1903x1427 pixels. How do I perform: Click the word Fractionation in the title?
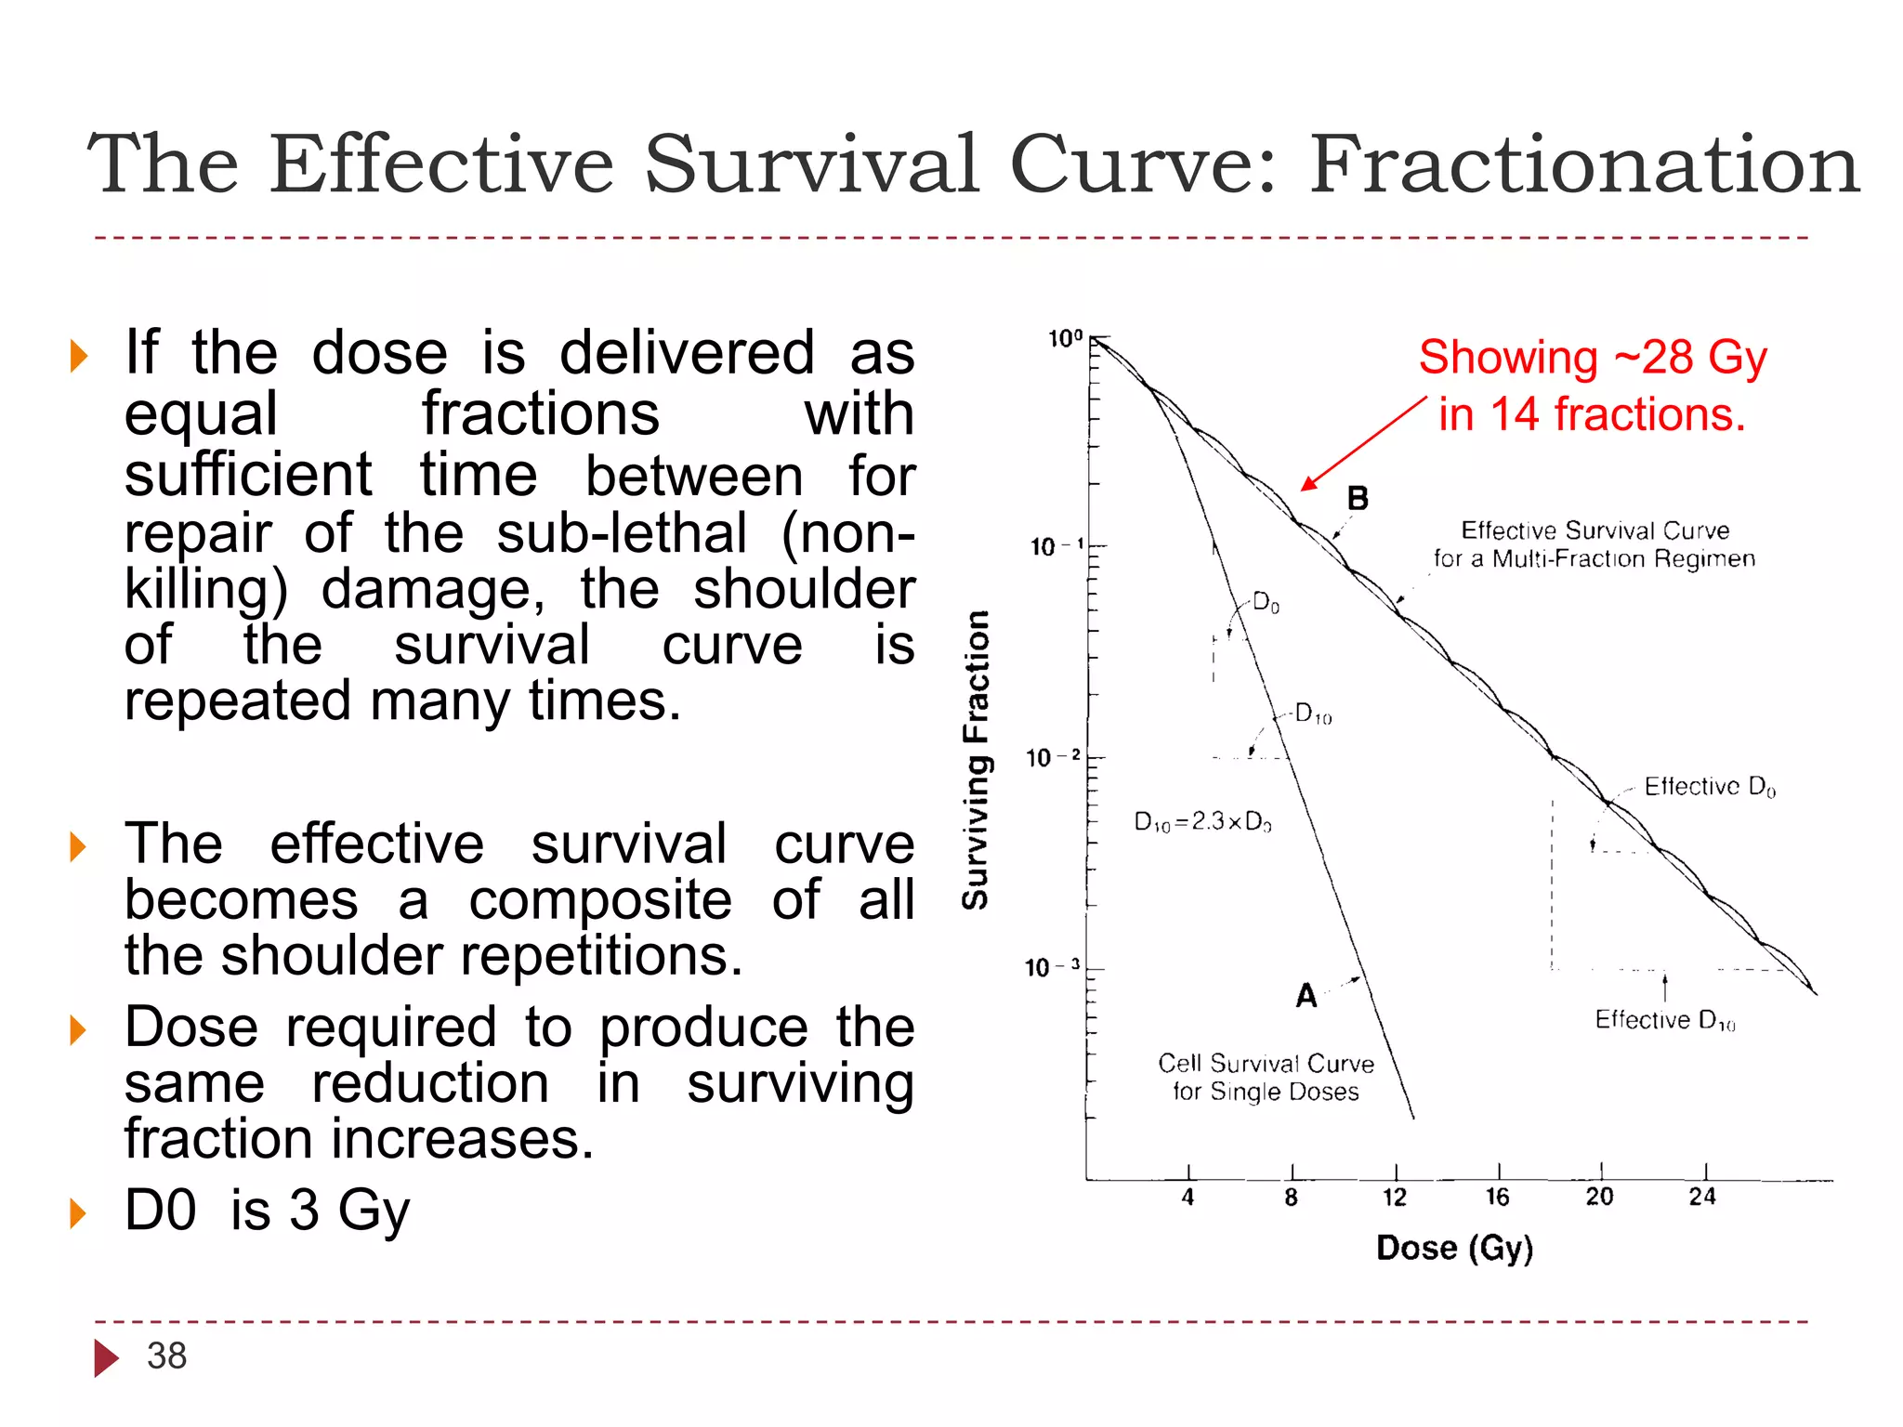(x=1584, y=164)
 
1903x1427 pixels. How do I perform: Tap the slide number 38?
(x=167, y=1355)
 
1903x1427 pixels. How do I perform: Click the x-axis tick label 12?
(x=1395, y=1198)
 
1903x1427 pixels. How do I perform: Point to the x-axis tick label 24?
(x=1702, y=1198)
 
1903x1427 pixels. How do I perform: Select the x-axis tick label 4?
(x=1188, y=1198)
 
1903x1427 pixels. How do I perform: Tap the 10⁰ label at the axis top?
(x=1065, y=339)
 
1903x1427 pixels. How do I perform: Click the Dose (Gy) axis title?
(x=1454, y=1248)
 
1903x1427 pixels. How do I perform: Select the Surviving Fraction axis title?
(x=976, y=759)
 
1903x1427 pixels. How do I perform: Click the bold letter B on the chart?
(x=1358, y=499)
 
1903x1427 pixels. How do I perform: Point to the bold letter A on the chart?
(x=1306, y=996)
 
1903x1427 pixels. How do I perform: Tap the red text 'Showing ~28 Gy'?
(x=1592, y=358)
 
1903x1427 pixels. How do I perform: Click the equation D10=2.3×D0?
(x=1202, y=821)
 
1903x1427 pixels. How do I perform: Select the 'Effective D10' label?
(x=1664, y=1020)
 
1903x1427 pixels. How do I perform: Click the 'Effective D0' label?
(x=1709, y=787)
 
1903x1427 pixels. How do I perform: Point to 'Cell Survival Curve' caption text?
(x=1266, y=1064)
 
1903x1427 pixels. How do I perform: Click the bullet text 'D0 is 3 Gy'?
(x=268, y=1211)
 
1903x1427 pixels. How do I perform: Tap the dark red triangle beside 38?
(x=106, y=1357)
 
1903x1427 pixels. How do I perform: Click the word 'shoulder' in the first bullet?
(x=804, y=589)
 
